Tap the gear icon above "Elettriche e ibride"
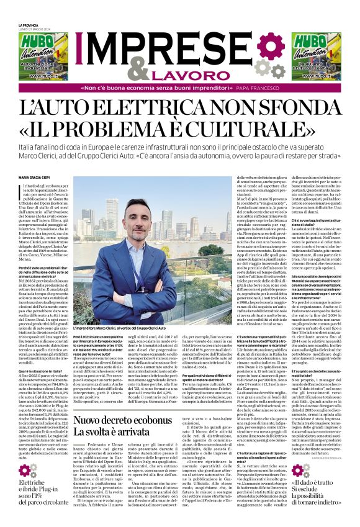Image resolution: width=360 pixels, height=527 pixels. pos(26,469)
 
